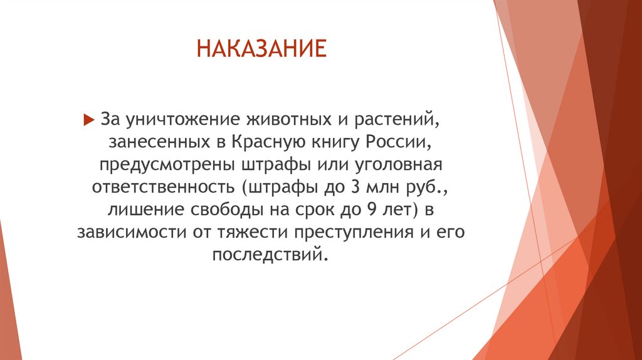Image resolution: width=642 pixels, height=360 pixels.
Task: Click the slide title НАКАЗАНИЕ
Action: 262,48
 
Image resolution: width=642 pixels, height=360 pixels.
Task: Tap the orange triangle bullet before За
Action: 88,120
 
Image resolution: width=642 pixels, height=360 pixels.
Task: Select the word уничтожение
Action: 165,119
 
